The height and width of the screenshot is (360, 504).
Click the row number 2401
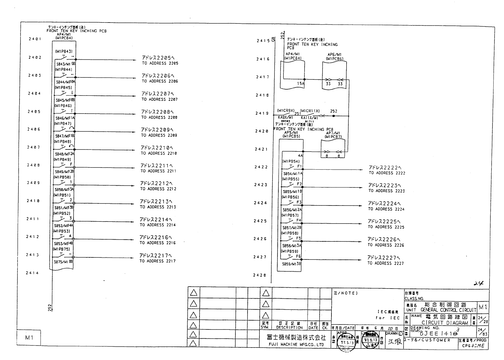(35, 39)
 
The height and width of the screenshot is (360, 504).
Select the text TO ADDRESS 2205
(160, 63)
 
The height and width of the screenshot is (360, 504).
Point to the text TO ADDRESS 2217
(157, 261)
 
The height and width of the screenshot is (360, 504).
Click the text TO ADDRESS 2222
(387, 173)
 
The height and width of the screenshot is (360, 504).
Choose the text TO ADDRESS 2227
(385, 263)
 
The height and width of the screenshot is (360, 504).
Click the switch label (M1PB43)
(64, 51)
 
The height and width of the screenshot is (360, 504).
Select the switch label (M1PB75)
(61, 249)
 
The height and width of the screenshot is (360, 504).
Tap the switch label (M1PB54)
(291, 161)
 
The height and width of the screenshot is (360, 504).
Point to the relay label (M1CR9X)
(286, 111)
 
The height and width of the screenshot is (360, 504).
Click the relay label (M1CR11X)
(310, 111)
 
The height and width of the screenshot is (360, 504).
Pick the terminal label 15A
(301, 84)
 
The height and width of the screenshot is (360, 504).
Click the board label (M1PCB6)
(334, 59)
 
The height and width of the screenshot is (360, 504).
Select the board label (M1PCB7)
(333, 137)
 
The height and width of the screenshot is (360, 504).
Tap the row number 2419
(262, 113)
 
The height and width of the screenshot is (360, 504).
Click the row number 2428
(259, 275)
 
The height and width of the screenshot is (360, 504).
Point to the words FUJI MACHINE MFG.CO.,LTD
(292, 345)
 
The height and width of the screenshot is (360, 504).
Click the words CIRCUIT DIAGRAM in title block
(445, 323)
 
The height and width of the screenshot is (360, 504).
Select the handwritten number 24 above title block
(478, 284)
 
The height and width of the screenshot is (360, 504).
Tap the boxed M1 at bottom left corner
(29, 338)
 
